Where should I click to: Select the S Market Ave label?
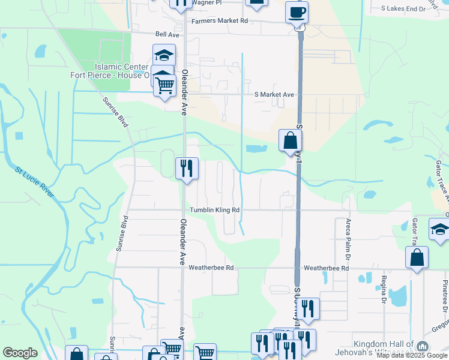tap(274, 95)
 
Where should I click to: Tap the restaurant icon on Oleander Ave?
tap(187, 168)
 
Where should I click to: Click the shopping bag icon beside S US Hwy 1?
tap(290, 141)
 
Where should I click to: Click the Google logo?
tap(20, 353)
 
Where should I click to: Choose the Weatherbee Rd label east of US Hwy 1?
tap(326, 268)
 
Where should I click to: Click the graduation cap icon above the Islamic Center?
tap(164, 56)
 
